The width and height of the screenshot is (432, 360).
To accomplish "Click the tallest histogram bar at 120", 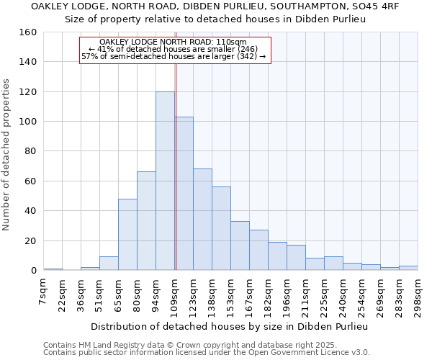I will (x=165, y=181).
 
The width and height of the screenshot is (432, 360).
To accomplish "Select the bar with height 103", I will (x=184, y=194).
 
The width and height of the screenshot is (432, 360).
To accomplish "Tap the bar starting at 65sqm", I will (x=127, y=234).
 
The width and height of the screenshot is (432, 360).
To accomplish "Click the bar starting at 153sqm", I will (x=240, y=246).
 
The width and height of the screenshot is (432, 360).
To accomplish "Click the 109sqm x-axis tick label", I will (x=175, y=295).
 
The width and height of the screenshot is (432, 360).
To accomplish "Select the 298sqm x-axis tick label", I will (x=418, y=295).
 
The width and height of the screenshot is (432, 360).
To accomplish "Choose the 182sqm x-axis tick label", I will (x=269, y=295).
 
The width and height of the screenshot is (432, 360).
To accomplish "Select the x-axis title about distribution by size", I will (x=230, y=326).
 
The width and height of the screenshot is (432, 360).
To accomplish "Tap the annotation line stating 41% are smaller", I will (x=174, y=49).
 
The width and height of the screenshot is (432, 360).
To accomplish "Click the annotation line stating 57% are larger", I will (x=174, y=56).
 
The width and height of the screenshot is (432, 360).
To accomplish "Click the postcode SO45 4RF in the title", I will (x=374, y=6).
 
